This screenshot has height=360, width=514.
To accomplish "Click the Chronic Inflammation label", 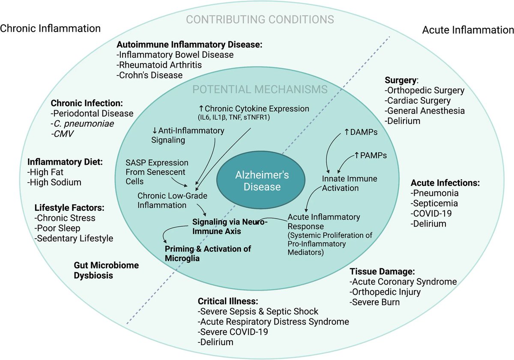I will pyautogui.click(x=50, y=28).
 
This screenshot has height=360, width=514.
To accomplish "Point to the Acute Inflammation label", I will pyautogui.click(x=468, y=30).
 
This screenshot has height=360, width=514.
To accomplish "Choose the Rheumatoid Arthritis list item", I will pyautogui.click(x=159, y=65).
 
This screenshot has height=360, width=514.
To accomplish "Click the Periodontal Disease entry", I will pyautogui.click(x=92, y=114).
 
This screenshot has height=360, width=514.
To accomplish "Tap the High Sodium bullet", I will pyautogui.click(x=54, y=182).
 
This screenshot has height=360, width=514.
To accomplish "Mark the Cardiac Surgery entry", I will pyautogui.click(x=418, y=101).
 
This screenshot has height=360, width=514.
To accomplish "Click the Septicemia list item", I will pyautogui.click(x=434, y=203).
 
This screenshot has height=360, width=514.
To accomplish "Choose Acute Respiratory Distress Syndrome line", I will pyautogui.click(x=273, y=321).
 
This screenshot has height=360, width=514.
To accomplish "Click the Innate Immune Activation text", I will pyautogui.click(x=341, y=183).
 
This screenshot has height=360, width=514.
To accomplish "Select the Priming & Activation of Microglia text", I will pyautogui.click(x=208, y=253).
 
